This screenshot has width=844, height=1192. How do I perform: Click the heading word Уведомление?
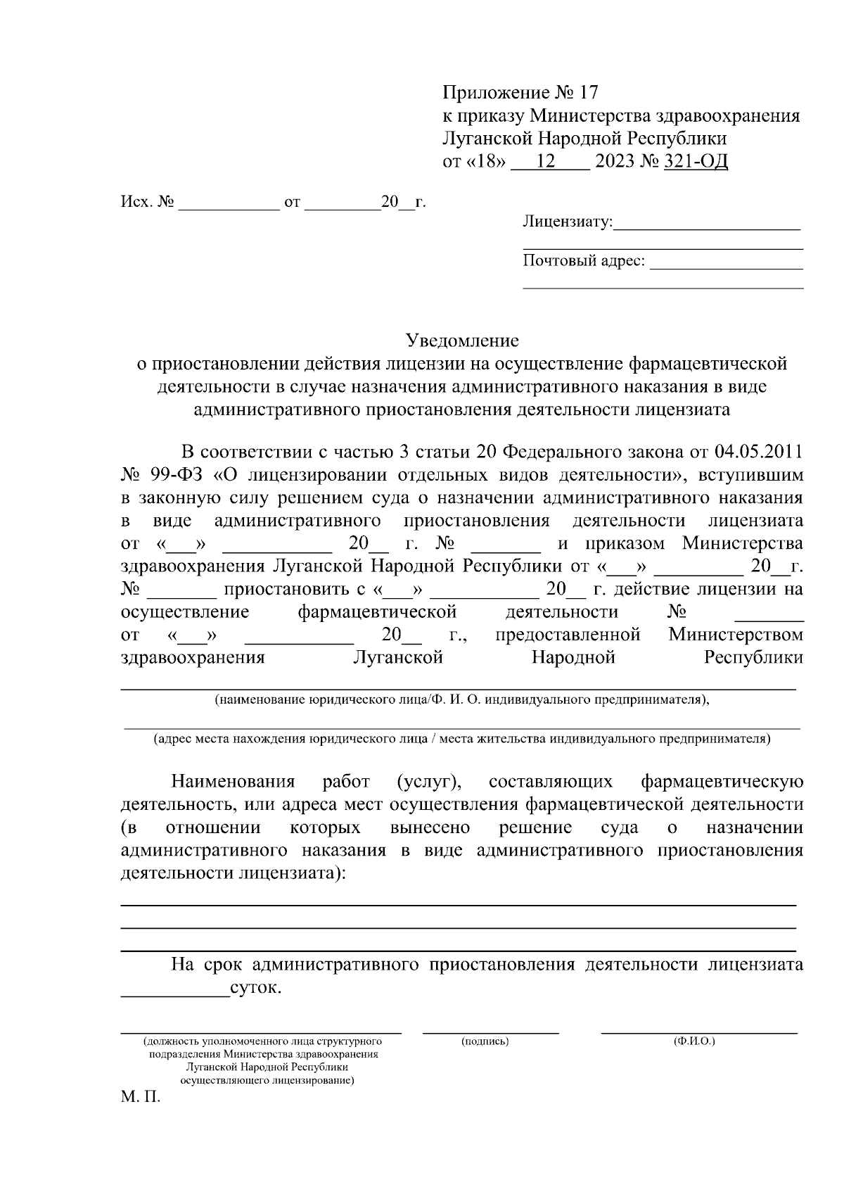pyautogui.click(x=462, y=341)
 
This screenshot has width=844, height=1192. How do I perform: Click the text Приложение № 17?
pyautogui.click(x=520, y=92)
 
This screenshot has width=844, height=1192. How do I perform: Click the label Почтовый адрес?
pyautogui.click(x=584, y=261)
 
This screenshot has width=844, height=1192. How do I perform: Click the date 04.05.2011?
pyautogui.click(x=758, y=450)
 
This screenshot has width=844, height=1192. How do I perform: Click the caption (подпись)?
pyautogui.click(x=485, y=1041)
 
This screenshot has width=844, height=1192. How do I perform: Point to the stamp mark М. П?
pyautogui.click(x=141, y=1097)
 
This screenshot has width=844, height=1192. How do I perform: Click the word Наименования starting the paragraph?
pyautogui.click(x=232, y=782)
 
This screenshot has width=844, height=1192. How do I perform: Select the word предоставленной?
pyautogui.click(x=568, y=635)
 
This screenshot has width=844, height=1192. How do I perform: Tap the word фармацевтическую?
pyautogui.click(x=722, y=782)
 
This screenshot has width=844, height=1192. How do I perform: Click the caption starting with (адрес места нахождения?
pyautogui.click(x=462, y=739)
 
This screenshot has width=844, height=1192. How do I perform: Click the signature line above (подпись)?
pyautogui.click(x=490, y=1032)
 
